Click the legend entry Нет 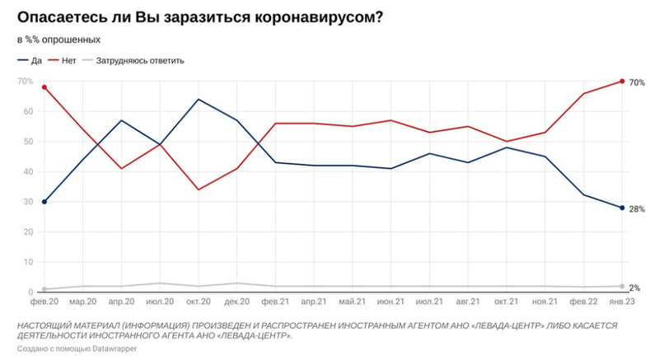click(x=68, y=60)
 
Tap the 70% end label click(x=637, y=82)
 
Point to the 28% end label click(x=637, y=208)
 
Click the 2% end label click(x=635, y=288)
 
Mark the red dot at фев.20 click(x=44, y=87)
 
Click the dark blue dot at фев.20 click(x=44, y=202)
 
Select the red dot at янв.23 click(x=622, y=81)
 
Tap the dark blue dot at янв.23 click(x=622, y=208)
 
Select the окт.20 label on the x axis click(x=199, y=302)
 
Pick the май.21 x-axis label click(x=353, y=302)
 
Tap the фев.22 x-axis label click(x=583, y=302)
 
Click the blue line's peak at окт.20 click(x=199, y=100)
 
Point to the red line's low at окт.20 click(x=199, y=189)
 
